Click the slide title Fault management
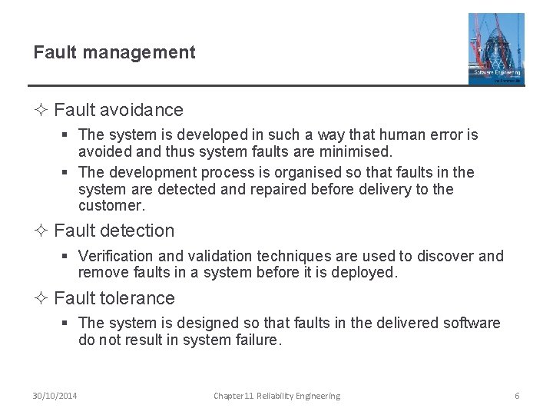(x=114, y=52)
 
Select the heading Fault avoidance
(x=118, y=111)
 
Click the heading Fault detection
(x=114, y=231)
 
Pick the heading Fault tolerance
(x=114, y=298)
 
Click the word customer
(x=111, y=205)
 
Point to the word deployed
(x=366, y=272)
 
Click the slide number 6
(x=517, y=396)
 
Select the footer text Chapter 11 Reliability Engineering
(x=276, y=396)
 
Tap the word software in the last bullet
(x=472, y=324)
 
